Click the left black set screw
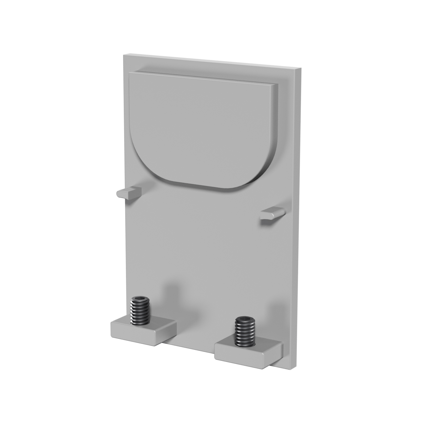click(140, 311)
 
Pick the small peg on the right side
click(272, 213)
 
